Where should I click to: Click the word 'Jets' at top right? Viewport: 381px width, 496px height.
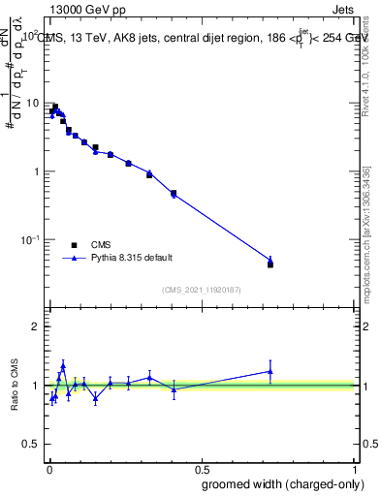coord(342,9)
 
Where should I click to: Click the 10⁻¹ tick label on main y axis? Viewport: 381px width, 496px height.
coord(30,239)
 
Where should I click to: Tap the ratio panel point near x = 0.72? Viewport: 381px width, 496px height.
coord(270,371)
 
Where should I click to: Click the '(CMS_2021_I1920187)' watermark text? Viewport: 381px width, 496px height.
coord(202,289)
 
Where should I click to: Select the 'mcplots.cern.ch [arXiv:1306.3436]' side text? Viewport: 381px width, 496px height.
coord(366,228)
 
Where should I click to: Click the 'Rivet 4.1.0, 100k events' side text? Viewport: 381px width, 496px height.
coord(366,60)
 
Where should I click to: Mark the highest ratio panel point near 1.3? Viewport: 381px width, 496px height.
coord(63,366)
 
